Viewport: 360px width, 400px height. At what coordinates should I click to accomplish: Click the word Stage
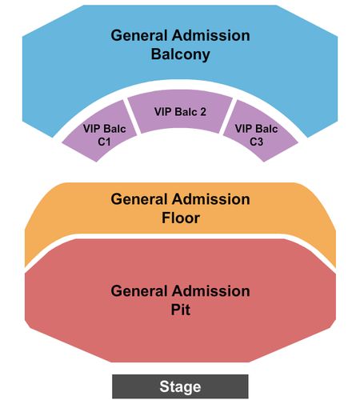click(180, 386)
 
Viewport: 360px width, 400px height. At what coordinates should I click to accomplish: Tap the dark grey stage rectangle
click(180, 386)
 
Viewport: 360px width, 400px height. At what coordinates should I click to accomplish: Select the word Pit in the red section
click(181, 310)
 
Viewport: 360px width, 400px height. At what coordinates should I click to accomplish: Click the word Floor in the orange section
click(181, 218)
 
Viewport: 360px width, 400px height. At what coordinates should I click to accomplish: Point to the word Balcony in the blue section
click(181, 54)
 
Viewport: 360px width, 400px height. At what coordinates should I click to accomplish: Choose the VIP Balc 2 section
click(180, 111)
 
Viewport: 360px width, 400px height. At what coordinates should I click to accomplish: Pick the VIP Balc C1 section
click(101, 132)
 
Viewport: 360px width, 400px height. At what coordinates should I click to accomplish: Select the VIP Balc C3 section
click(259, 132)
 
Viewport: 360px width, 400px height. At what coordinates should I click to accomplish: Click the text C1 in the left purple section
click(104, 142)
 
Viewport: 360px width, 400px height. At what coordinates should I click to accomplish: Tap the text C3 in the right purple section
click(256, 142)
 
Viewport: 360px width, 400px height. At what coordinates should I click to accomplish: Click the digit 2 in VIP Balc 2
click(203, 112)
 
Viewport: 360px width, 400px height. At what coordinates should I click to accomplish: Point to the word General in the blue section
click(139, 35)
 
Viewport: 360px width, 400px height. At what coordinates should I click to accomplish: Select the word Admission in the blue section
click(211, 35)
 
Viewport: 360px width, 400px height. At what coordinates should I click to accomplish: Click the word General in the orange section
click(139, 199)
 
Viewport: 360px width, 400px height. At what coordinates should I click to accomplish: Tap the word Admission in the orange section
click(211, 199)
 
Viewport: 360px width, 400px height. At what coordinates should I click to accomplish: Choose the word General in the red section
click(139, 291)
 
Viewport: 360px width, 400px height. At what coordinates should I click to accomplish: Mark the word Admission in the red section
click(211, 291)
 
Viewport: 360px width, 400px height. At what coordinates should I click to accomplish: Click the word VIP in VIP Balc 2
click(162, 112)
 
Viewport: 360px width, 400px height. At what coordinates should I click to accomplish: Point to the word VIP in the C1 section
click(91, 129)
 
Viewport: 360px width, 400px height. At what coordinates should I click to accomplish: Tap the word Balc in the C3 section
click(266, 129)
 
